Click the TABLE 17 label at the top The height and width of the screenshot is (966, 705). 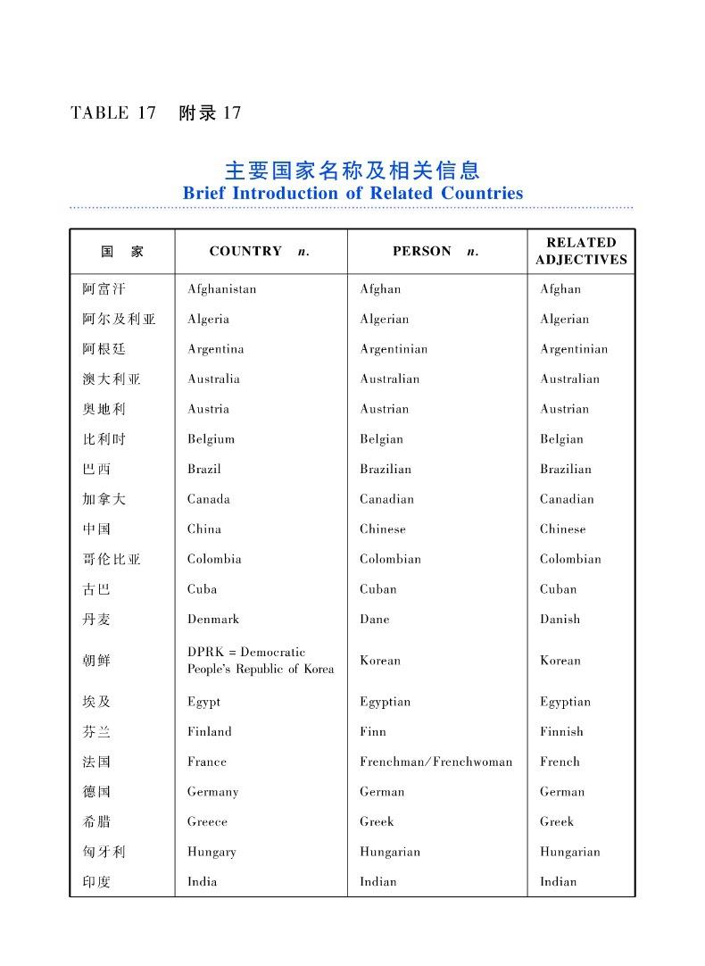[113, 113]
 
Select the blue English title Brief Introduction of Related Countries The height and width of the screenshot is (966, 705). [352, 193]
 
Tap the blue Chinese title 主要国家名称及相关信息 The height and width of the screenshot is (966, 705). [352, 170]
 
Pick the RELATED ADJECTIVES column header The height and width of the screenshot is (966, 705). [581, 251]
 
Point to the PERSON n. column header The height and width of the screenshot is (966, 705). [435, 252]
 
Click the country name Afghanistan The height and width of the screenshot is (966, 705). [221, 289]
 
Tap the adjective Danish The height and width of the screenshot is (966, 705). [560, 620]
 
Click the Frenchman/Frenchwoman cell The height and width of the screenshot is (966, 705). [435, 762]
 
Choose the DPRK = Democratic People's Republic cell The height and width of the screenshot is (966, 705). [261, 661]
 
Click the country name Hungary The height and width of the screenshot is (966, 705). [211, 853]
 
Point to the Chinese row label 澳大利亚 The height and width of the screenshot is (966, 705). [112, 379]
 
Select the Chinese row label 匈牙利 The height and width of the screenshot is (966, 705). [104, 853]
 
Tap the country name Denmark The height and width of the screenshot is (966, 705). [213, 620]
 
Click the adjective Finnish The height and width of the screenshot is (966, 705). [561, 732]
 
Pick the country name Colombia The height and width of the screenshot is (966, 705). [214, 560]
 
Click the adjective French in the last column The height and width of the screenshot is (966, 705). [560, 762]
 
